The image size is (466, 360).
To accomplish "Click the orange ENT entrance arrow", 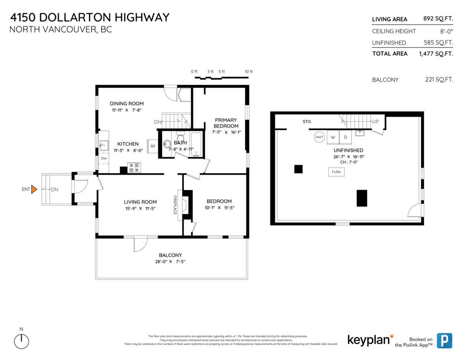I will pos(34,189).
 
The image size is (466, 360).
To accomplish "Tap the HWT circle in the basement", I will pos(319,137).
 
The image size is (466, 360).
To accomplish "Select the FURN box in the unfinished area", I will pos(336,172).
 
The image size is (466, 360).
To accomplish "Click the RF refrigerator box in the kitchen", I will pos(153,146).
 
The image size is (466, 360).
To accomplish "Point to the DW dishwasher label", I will pos(104,158).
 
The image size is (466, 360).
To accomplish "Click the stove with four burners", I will pos(134,167).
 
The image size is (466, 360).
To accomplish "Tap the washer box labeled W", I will pos(333,137).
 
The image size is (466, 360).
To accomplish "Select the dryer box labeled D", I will pos(345,137).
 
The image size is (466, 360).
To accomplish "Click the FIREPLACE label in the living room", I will pos(175,205).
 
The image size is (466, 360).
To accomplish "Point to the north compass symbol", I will pos(21,341).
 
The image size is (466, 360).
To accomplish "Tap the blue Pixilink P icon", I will pos(444,340).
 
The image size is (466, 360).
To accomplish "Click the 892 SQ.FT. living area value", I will pos(438,19).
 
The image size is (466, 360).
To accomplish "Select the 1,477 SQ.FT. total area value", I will pos(436,54).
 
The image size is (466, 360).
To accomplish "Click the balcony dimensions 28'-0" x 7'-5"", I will pos(170,262).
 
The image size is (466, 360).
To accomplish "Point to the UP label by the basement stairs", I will pos(375,122).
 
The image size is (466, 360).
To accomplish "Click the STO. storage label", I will pos(307,122).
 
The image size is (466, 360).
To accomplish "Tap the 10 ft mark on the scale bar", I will pos(249,71).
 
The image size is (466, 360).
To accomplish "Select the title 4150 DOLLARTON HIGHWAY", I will pos(90,17).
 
